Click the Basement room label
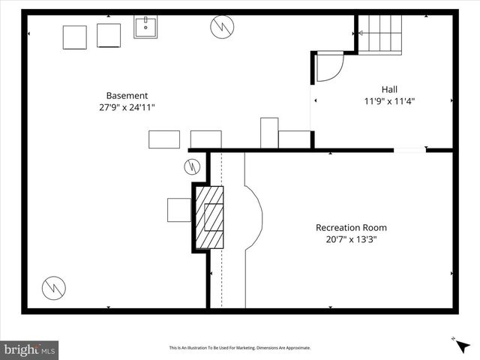(x=127, y=95)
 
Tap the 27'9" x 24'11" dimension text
(x=127, y=107)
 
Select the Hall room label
(x=389, y=88)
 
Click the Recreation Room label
(x=351, y=227)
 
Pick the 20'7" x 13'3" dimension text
(x=351, y=239)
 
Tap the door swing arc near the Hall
(x=328, y=67)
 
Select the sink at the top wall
(x=145, y=28)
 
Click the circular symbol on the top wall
(x=222, y=28)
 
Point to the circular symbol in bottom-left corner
(x=53, y=286)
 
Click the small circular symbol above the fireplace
(x=192, y=166)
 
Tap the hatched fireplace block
(x=210, y=217)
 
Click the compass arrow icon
(x=462, y=346)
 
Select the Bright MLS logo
(x=30, y=349)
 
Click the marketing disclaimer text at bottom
(x=239, y=348)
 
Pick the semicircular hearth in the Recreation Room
(x=253, y=217)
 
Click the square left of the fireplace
(x=179, y=210)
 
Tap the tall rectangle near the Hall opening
(x=269, y=133)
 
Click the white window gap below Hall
(x=409, y=150)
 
